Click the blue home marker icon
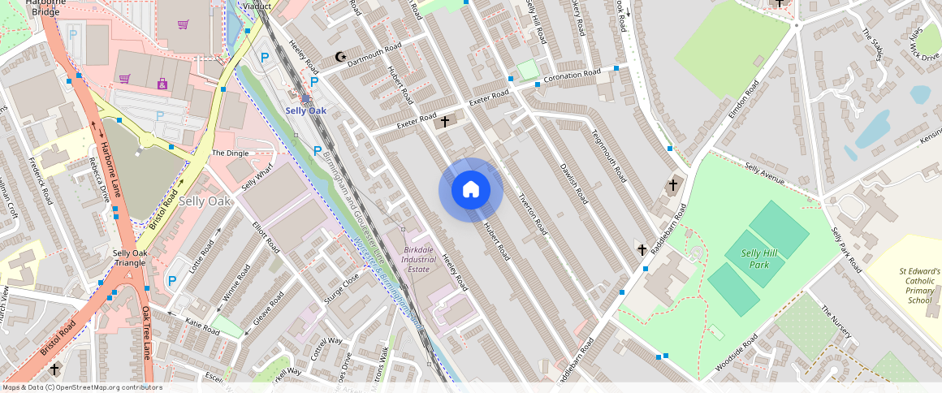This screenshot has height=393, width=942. point(471,190)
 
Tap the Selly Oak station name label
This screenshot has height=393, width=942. point(305,110)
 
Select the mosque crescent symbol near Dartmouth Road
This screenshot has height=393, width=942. point(340,57)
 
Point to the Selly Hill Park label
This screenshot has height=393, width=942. point(759,259)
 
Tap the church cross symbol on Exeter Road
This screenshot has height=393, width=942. point(445,122)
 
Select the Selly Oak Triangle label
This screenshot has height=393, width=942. point(130,258)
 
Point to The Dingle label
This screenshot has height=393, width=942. point(230,153)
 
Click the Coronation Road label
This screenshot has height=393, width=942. point(572,76)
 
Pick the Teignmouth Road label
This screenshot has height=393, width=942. point(608,156)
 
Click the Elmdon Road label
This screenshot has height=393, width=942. point(743,99)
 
